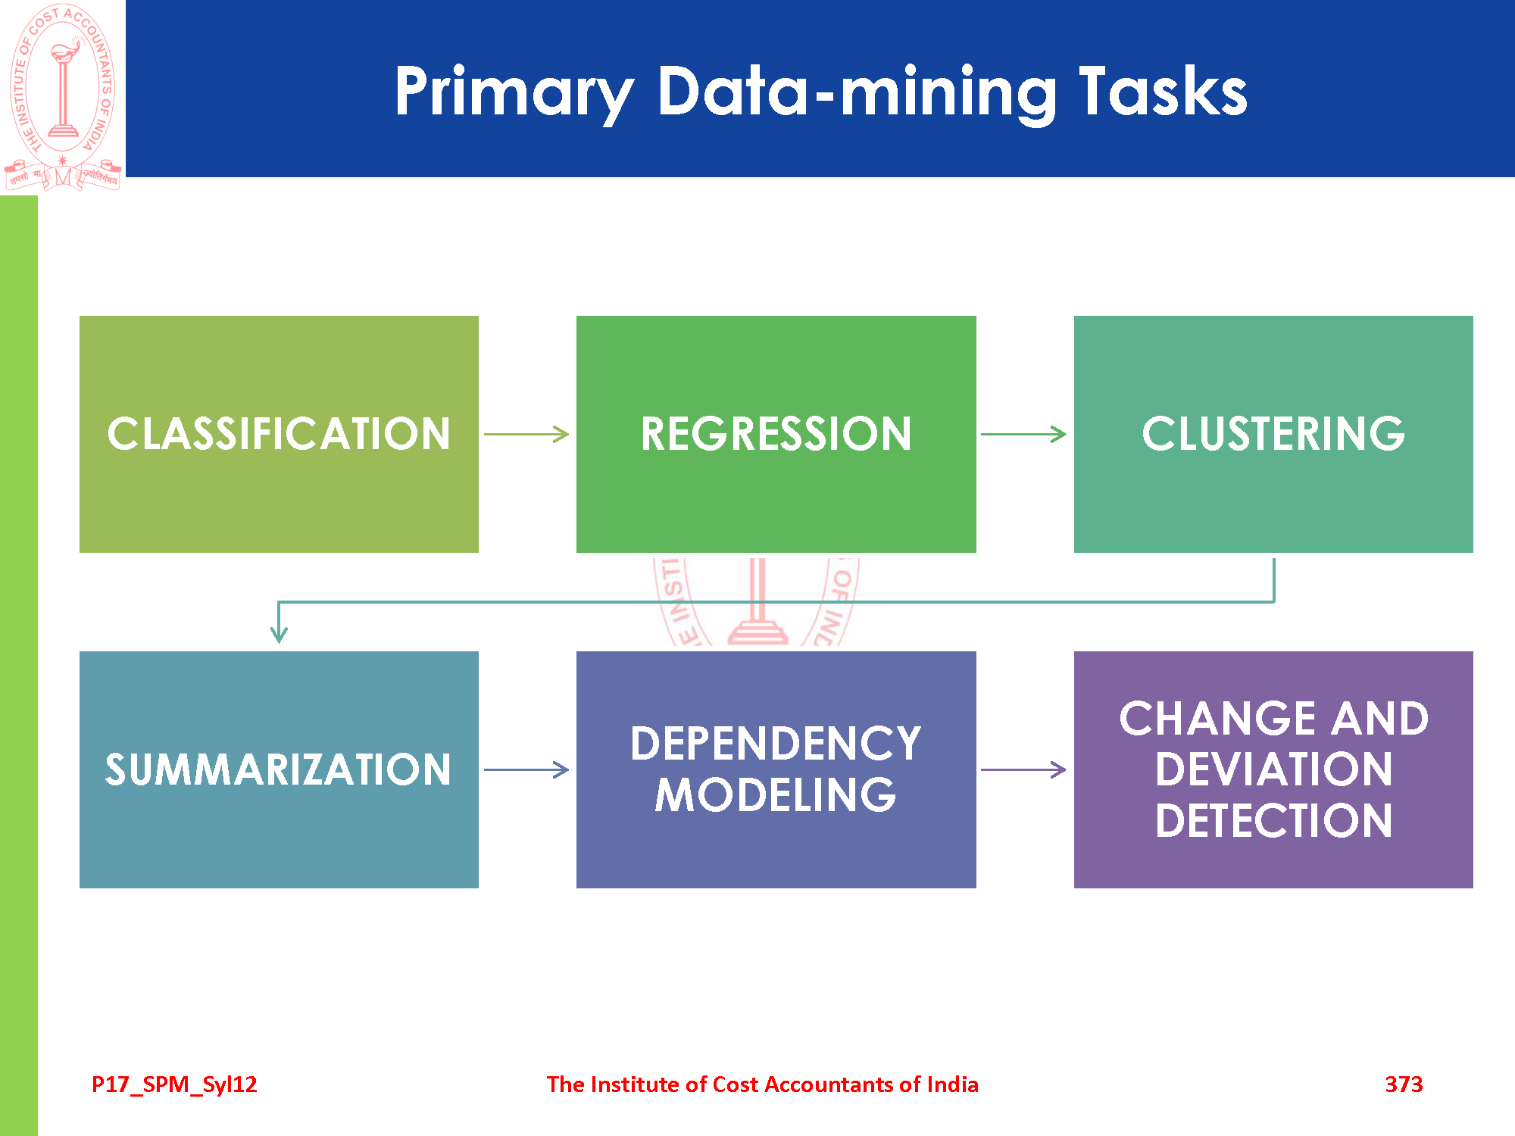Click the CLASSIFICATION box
(279, 434)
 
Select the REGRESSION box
(776, 434)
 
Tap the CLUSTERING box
(1273, 434)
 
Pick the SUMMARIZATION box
(279, 769)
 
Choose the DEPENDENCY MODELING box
(776, 769)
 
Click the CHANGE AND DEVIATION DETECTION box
(1273, 769)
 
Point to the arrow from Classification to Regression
(526, 434)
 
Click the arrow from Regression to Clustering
(1023, 434)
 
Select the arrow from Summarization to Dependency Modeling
(526, 770)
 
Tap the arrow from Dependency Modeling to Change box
(1023, 770)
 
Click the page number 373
(1404, 1085)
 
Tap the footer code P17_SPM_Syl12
(174, 1085)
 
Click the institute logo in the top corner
(63, 96)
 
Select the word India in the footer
(953, 1085)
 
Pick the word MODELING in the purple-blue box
(776, 795)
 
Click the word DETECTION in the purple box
(1273, 821)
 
